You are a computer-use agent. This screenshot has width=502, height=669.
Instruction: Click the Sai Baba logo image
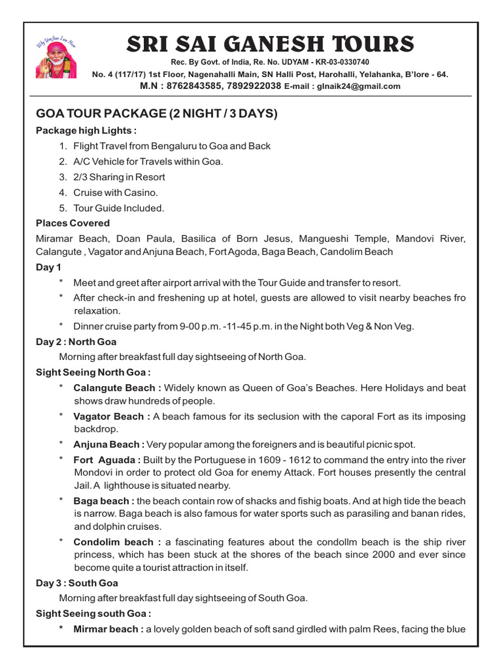pyautogui.click(x=57, y=57)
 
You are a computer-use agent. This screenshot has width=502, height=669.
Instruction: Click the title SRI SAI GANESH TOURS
pyautogui.click(x=269, y=44)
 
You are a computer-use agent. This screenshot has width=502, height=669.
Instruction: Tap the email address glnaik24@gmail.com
pyautogui.click(x=359, y=86)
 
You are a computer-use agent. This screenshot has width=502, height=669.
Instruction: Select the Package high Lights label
pyautogui.click(x=86, y=131)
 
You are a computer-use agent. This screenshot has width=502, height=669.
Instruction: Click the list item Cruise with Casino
pyautogui.click(x=116, y=193)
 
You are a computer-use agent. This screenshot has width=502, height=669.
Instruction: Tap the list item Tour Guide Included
pyautogui.click(x=118, y=208)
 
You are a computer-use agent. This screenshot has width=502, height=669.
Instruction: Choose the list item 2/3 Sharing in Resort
pyautogui.click(x=119, y=177)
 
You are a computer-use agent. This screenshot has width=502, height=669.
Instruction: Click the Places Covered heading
pyautogui.click(x=73, y=223)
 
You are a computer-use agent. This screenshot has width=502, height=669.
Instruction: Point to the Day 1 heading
pyautogui.click(x=48, y=267)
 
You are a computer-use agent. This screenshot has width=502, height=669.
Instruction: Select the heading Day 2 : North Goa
pyautogui.click(x=76, y=342)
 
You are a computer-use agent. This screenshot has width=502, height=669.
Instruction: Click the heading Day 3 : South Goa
pyautogui.click(x=76, y=583)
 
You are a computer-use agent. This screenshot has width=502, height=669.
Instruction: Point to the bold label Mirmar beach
pyautogui.click(x=109, y=629)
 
